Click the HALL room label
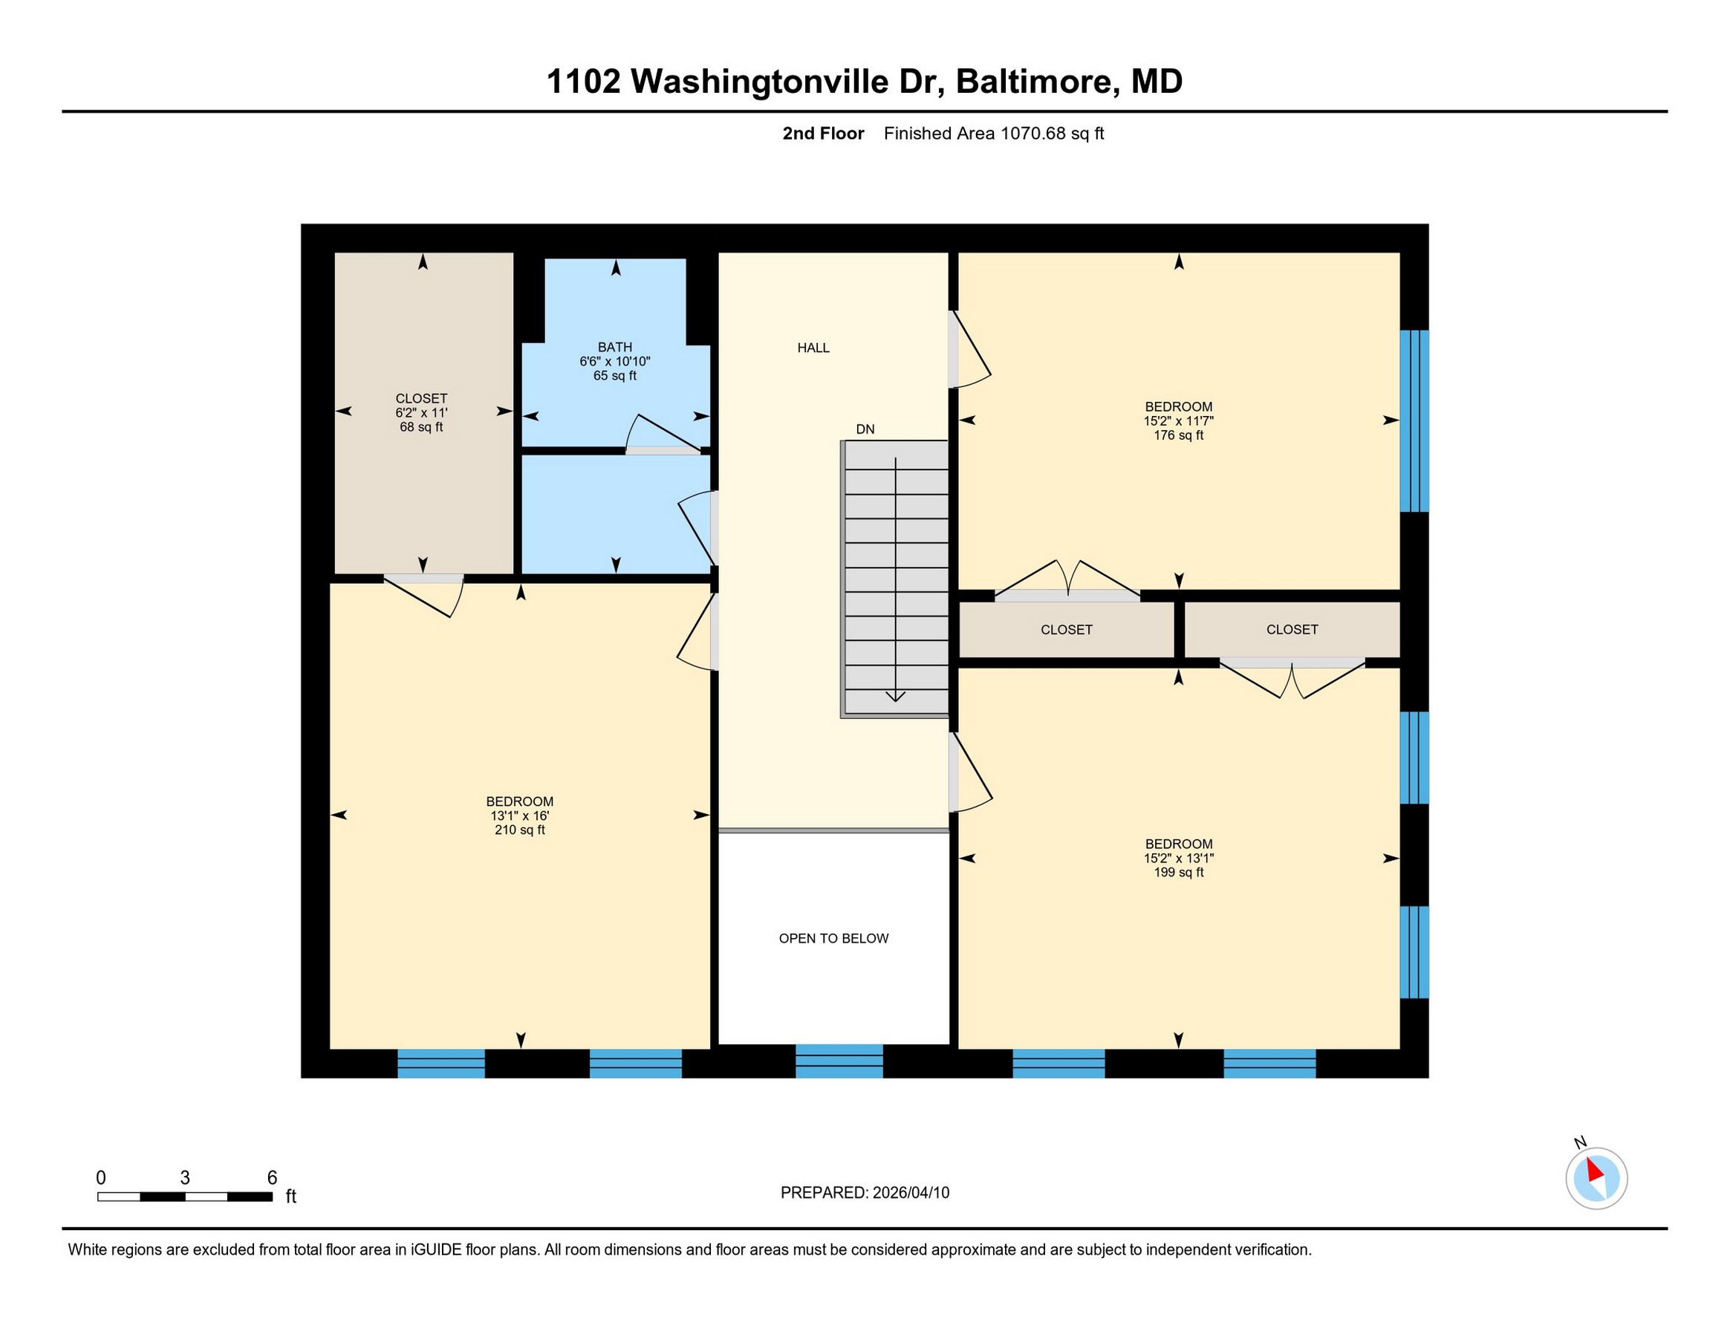(813, 348)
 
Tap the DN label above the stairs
(865, 429)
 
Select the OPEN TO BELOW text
(833, 939)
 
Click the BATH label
(615, 347)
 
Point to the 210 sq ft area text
(520, 830)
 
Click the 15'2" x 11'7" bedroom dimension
(1179, 421)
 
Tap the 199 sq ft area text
(1179, 873)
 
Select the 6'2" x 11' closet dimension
(421, 413)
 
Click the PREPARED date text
(865, 1193)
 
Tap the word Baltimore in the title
(1038, 82)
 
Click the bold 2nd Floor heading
(823, 133)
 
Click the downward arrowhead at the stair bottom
(895, 697)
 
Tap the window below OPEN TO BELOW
(839, 1061)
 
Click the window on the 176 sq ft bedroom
(1415, 421)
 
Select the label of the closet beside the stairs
(1066, 630)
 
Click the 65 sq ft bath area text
(615, 375)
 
